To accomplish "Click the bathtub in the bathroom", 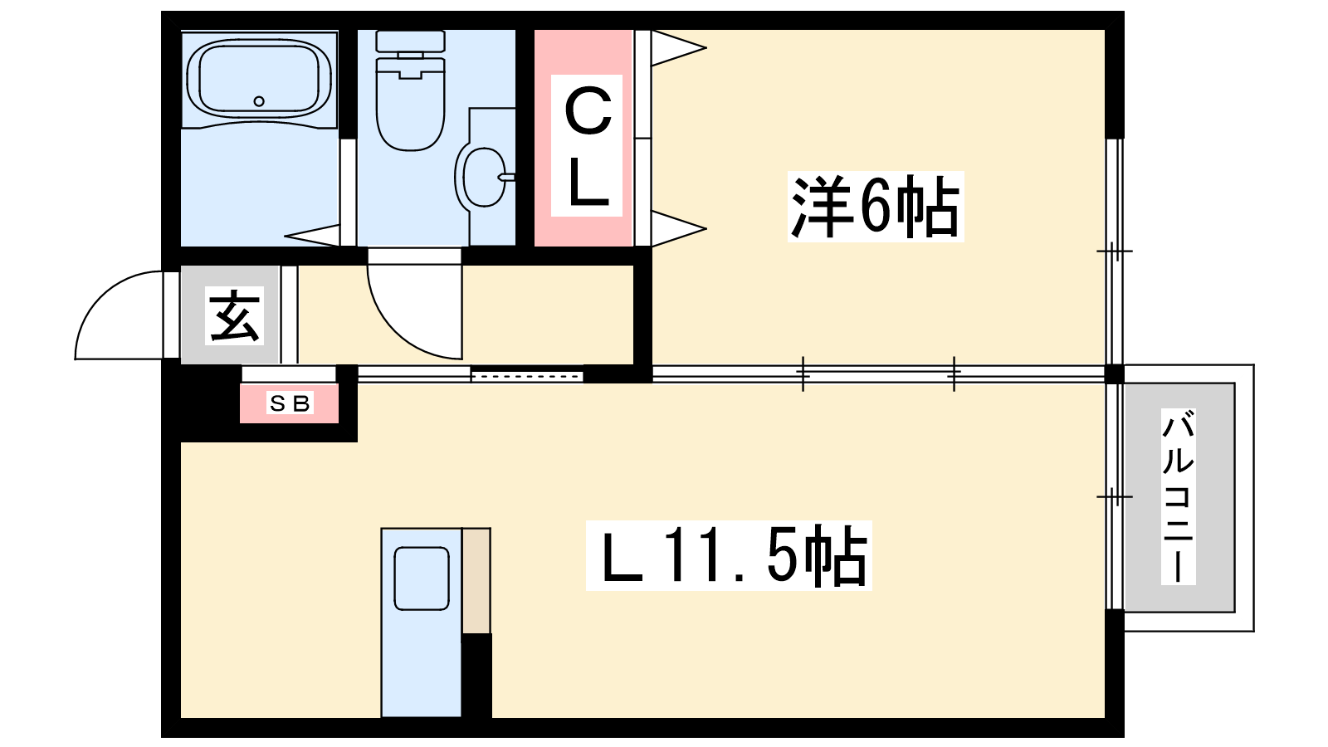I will click(259, 79).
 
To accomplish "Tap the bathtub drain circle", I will click(259, 101).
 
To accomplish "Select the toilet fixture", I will click(410, 91).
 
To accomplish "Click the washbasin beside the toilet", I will click(484, 176).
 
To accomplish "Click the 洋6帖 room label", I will click(875, 207).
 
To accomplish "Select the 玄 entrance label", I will click(235, 316).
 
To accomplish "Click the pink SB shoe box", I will click(290, 403).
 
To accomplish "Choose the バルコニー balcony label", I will click(1178, 497).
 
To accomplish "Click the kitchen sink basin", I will click(422, 579).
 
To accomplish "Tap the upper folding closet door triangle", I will click(676, 47).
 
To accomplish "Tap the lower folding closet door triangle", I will click(676, 228).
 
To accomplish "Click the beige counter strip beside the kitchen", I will click(476, 580).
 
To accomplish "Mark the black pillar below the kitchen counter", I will click(476, 675).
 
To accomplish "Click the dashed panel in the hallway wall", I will click(526, 375).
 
